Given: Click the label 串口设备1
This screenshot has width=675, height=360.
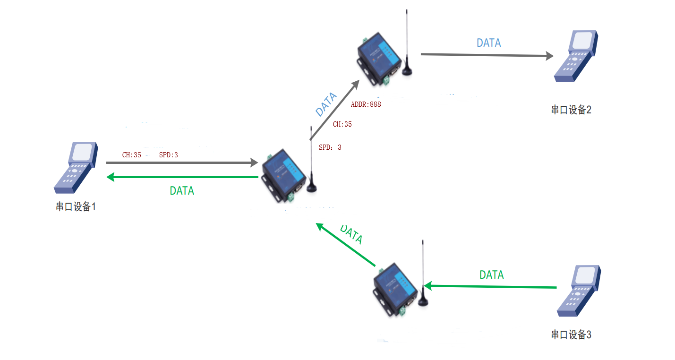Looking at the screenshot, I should [76, 206].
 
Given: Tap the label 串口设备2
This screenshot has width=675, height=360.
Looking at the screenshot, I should [571, 110].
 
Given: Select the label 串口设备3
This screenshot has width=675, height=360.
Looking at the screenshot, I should [571, 334].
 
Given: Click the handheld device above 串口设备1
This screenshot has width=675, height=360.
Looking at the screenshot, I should [76, 167].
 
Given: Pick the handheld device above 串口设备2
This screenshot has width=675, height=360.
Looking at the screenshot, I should [576, 56].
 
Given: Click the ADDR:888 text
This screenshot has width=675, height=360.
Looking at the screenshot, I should [366, 104].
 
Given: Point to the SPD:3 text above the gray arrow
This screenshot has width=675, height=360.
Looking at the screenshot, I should [169, 154].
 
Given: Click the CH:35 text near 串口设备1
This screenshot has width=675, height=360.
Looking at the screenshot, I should [132, 154].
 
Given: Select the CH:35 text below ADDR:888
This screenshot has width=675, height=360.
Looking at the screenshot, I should [342, 124].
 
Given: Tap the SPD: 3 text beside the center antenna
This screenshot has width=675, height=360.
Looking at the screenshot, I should [330, 147].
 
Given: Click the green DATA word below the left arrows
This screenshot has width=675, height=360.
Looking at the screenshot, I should [182, 191].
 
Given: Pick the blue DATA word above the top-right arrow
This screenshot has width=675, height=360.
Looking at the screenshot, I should [488, 43].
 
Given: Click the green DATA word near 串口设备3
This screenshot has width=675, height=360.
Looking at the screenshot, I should [491, 275].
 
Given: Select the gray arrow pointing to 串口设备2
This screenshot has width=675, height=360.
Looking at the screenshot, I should [487, 55].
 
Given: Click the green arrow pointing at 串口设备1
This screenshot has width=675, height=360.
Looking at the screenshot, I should [182, 177].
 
